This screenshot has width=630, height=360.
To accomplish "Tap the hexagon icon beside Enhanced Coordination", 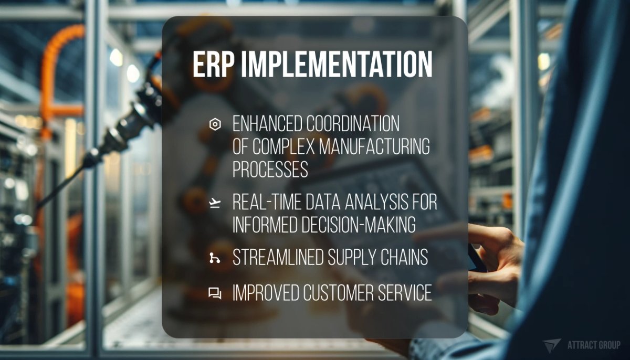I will coord(214,124).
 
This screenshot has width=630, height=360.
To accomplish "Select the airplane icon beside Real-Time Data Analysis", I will coord(214,204).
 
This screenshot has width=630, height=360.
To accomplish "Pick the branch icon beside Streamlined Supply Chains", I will coord(214,258).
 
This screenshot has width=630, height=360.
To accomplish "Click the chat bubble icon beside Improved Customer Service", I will coord(214,293).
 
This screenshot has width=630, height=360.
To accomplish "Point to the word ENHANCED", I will coord(267,124).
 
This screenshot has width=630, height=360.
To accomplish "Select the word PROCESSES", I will coord(270,169).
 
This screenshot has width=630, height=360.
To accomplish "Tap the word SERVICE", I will coord(407,293).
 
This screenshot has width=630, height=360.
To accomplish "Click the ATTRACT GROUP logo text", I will coord(594,345).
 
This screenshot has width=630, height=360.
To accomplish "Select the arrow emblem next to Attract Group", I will coord(552,345).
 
